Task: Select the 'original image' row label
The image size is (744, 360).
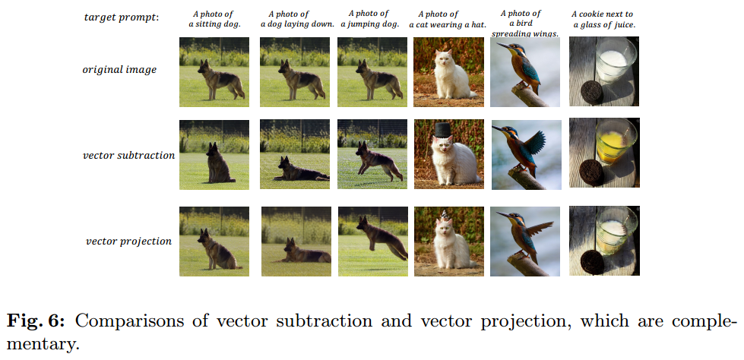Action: point(119,70)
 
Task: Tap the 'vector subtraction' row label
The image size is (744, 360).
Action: point(128,156)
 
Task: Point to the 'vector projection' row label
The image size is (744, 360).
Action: point(128,242)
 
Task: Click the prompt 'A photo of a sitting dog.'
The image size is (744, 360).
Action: point(214,19)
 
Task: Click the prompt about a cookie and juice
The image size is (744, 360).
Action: point(604,19)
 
